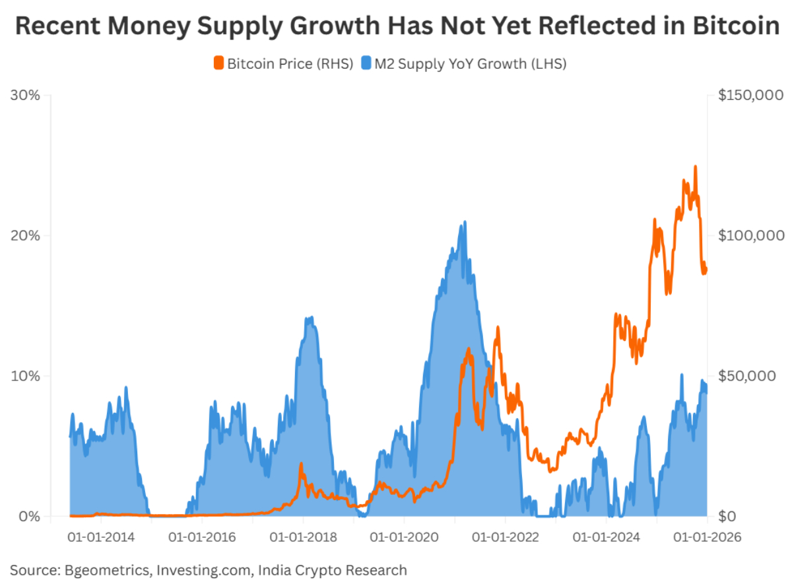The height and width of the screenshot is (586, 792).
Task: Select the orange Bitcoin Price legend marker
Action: tap(218, 64)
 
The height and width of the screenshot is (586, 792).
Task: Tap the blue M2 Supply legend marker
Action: tap(365, 64)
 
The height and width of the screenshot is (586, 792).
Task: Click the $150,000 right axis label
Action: tap(750, 95)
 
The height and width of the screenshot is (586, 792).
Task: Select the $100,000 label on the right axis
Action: tap(750, 236)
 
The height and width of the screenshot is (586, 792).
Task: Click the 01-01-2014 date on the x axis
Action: tap(101, 538)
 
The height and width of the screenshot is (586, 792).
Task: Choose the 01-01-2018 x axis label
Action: tap(303, 538)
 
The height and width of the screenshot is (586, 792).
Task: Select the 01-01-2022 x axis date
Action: tap(505, 538)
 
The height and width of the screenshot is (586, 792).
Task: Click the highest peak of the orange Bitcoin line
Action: tap(695, 167)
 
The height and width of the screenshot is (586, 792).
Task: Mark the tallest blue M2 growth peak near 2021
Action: tap(465, 223)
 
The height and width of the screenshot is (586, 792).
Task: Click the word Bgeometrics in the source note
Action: tap(106, 569)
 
